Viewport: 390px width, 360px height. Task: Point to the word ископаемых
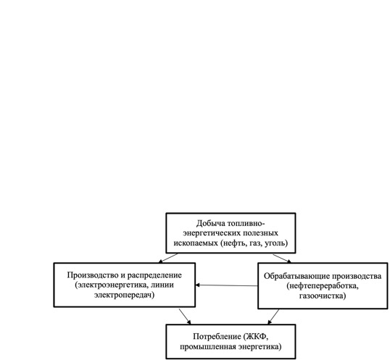[x=196, y=243]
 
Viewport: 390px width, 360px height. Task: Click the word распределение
[x=154, y=276]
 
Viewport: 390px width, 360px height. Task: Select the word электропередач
[x=125, y=295]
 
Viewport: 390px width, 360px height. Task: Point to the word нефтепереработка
[x=323, y=286]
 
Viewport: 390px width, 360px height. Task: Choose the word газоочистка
[x=323, y=296]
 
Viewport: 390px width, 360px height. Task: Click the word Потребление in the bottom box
[x=217, y=337]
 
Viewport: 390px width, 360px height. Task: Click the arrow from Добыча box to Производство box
[x=168, y=258]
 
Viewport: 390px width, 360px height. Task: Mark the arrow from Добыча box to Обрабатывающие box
[x=282, y=258]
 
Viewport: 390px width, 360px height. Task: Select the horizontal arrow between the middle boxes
[x=226, y=285]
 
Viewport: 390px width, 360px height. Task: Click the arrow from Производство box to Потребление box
[x=185, y=317]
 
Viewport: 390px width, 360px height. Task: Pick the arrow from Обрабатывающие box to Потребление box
[x=273, y=317]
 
